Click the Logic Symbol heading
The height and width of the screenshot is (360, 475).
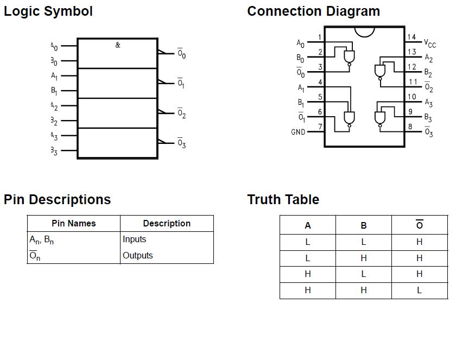48,11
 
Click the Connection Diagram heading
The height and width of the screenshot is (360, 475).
313,11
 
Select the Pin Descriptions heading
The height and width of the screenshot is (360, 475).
57,199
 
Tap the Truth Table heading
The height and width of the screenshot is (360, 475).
283,199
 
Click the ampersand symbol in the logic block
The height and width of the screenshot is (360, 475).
118,45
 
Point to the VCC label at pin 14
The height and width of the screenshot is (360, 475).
429,43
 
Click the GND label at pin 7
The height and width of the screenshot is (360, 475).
298,132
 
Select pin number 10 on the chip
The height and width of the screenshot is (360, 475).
412,97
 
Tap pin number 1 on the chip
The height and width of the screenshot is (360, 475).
320,37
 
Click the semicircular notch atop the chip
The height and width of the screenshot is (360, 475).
364,31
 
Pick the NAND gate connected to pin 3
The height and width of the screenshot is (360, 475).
349,56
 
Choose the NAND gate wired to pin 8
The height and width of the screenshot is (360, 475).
380,117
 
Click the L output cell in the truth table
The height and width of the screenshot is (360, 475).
419,290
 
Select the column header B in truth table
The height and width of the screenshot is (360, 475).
363,225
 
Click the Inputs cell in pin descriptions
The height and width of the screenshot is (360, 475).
134,239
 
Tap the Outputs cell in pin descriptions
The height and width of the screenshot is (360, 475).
137,256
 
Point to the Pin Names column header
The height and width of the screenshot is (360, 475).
73,224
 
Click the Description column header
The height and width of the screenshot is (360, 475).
167,224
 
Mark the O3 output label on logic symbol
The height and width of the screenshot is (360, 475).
181,144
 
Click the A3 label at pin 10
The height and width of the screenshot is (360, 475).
428,103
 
